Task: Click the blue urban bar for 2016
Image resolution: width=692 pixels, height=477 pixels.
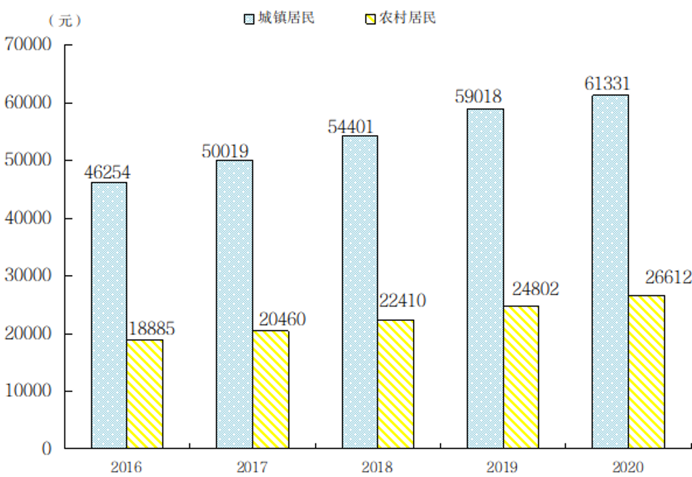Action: (x=109, y=315)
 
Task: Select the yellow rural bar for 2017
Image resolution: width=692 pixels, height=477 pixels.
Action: (x=270, y=389)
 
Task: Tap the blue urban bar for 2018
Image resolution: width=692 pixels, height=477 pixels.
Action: (x=360, y=292)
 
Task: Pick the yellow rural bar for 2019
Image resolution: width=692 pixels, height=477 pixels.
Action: (x=521, y=377)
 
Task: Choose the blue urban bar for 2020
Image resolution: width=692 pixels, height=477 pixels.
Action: (x=610, y=272)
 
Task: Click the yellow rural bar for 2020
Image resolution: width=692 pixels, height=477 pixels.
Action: (x=646, y=372)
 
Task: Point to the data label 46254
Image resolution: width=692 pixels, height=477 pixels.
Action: (x=107, y=172)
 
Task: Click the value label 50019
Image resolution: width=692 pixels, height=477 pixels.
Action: (x=226, y=151)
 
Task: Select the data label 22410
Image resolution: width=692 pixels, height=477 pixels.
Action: (x=401, y=300)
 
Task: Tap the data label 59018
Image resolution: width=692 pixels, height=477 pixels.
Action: (x=478, y=97)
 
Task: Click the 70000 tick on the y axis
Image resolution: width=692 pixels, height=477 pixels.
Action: (x=28, y=45)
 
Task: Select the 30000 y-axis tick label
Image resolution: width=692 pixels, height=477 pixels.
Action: (x=28, y=276)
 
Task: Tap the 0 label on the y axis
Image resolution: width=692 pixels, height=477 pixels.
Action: (x=47, y=449)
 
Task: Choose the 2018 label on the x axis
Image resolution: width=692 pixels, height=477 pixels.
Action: (x=377, y=467)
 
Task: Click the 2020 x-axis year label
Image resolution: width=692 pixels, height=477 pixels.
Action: (x=628, y=467)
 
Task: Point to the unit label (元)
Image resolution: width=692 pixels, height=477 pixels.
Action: (x=65, y=20)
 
